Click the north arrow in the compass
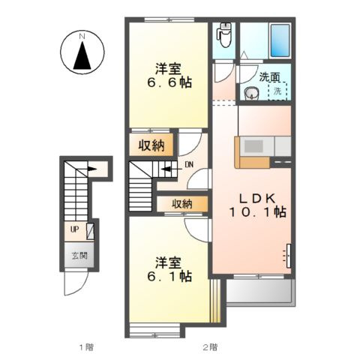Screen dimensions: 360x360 coord(82,55)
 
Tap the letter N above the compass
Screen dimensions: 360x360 coord(82,36)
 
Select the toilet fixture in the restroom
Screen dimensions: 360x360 coord(225,35)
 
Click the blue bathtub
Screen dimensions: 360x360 coord(280,40)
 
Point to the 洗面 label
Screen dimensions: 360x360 coord(269,77)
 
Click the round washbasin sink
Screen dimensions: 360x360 coord(250,93)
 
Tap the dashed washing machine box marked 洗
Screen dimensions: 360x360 coord(277,91)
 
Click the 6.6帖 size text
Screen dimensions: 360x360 coord(169,82)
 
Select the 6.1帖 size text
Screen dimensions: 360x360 coord(169,277)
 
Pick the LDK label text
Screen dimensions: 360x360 coord(257,199)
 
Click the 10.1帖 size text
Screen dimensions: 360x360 coord(257,212)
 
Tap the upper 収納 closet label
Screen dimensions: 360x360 coord(151,145)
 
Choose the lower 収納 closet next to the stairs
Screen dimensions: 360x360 coord(182,204)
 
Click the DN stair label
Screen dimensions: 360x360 coord(189,164)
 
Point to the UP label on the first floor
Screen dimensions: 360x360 coord(74,229)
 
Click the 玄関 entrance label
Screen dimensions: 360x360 coord(79,256)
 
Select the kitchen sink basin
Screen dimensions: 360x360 coord(253,146)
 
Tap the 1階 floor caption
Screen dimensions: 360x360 coord(86,347)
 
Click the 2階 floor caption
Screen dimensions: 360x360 coord(210,347)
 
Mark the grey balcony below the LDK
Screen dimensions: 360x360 coord(261,292)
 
